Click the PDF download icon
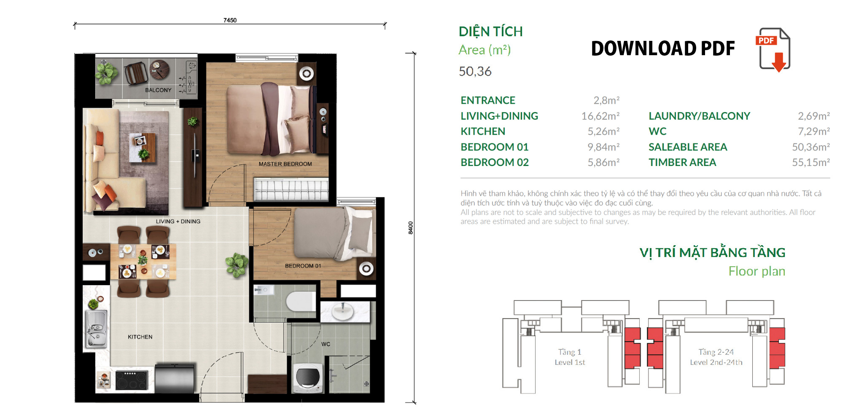click(773, 50)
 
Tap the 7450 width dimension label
click(230, 20)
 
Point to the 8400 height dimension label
click(410, 228)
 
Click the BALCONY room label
click(158, 90)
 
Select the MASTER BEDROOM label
click(285, 164)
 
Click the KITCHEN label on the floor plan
click(140, 337)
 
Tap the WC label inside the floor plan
click(326, 344)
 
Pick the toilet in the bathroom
click(300, 301)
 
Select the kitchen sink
click(97, 329)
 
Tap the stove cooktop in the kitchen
click(132, 380)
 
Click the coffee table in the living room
click(142, 147)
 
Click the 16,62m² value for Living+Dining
click(600, 116)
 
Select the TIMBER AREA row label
click(682, 162)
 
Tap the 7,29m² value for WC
click(814, 131)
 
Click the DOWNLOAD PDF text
click(663, 48)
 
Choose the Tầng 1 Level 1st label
click(570, 357)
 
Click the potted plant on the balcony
click(106, 72)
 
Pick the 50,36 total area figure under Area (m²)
click(475, 72)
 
